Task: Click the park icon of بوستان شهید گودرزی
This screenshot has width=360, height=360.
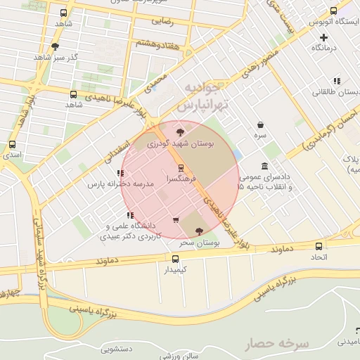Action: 181,131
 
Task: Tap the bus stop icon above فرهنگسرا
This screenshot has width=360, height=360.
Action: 181,168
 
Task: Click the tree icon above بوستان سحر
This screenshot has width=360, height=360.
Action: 198,231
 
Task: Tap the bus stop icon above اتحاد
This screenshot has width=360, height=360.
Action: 319,247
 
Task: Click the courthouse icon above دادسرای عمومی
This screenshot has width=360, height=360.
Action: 264,167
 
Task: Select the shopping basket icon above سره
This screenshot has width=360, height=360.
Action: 260,124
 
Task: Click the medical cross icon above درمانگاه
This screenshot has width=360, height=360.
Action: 323,37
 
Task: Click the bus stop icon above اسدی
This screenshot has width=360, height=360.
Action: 12,145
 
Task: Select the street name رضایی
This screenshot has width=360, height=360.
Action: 162,22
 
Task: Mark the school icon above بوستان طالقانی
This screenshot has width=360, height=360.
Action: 337,81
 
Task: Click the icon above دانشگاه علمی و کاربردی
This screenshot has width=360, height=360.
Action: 129,215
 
